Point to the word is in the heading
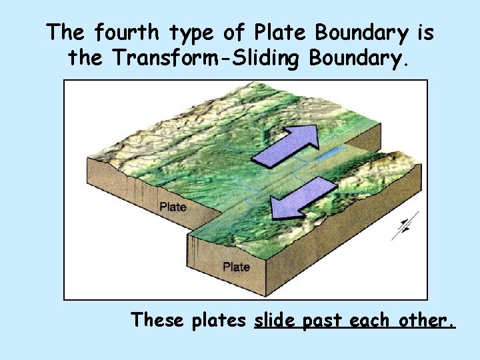[422, 32]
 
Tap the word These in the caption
[158, 320]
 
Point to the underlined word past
[325, 321]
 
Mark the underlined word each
[372, 320]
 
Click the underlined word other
[427, 320]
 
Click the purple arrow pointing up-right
[287, 144]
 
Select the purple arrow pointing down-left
[301, 197]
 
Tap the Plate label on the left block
[173, 207]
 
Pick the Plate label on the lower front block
[236, 267]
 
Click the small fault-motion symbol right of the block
[405, 225]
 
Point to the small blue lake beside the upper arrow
[330, 155]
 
